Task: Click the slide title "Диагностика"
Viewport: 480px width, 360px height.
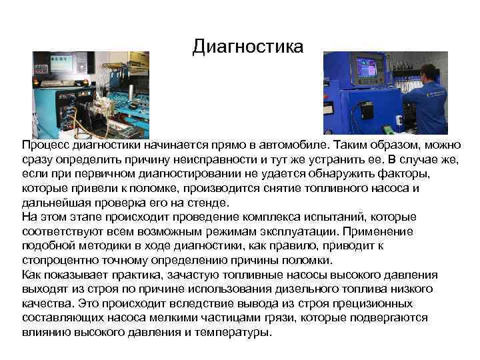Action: [247, 47]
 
